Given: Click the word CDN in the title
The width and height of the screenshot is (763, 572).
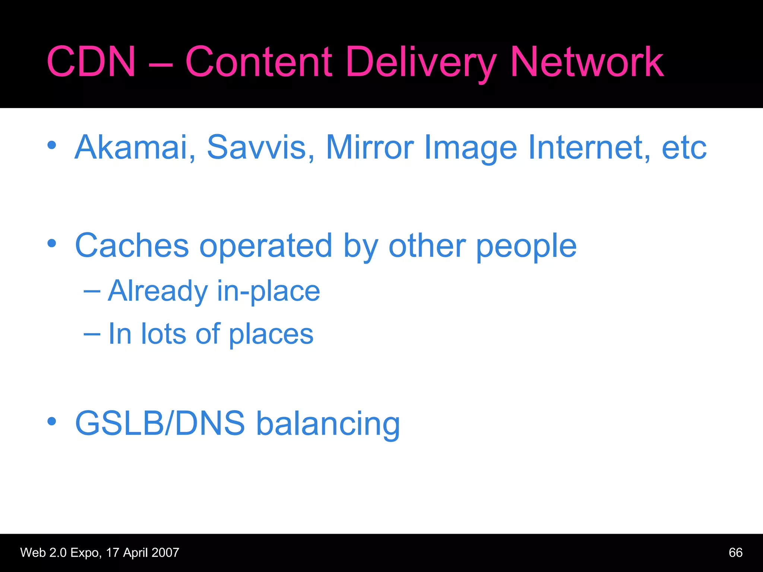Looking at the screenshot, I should tap(91, 62).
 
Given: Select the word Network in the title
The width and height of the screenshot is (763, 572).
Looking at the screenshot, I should tap(587, 62).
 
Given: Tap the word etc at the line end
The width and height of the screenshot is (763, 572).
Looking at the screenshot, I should tap(684, 148).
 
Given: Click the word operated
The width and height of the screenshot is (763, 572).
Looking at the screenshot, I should tap(266, 246).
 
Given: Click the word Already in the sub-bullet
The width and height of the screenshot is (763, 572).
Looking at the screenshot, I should tap(158, 291).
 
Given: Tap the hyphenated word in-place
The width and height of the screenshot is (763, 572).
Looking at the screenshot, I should tap(268, 291).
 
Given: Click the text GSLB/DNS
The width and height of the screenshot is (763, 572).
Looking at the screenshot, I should tap(160, 423).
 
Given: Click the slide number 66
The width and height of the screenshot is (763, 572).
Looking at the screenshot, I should tap(735, 553).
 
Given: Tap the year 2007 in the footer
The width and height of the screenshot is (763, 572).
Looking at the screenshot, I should tap(165, 553).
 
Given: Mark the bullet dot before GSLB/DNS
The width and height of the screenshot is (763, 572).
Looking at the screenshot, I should tap(52, 422).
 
